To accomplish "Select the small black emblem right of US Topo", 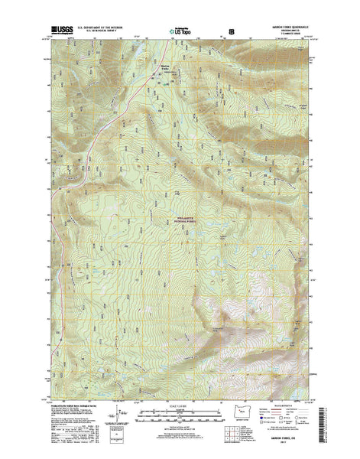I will click(x=222, y=31).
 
